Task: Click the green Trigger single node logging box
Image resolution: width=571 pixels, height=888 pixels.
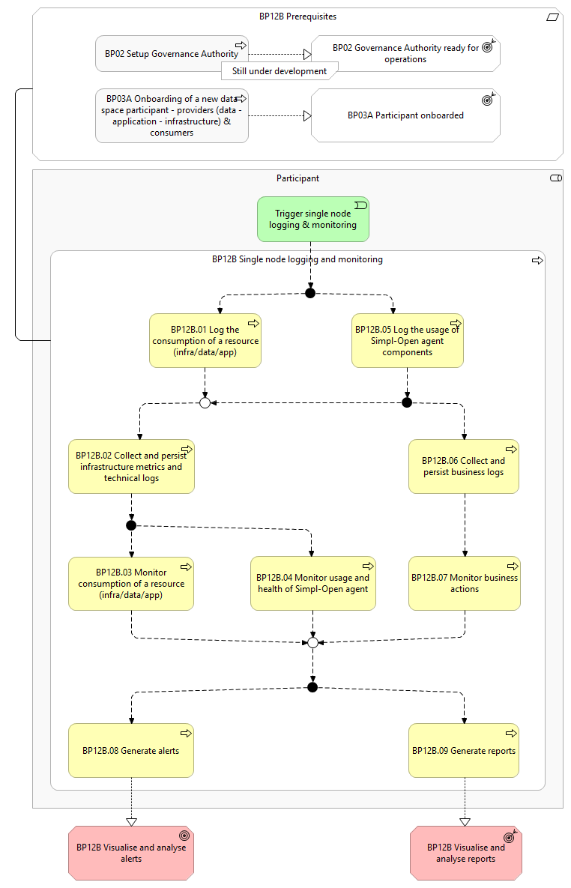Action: (x=312, y=219)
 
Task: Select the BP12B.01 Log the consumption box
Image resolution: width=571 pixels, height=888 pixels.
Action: (x=205, y=340)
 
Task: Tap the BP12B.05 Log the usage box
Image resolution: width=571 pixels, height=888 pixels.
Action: (x=408, y=340)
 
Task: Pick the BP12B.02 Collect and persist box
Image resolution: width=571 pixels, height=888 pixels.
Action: (x=131, y=466)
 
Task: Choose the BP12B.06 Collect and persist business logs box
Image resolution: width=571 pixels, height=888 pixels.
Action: (x=463, y=466)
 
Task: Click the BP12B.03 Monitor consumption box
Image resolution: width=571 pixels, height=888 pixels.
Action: (x=131, y=583)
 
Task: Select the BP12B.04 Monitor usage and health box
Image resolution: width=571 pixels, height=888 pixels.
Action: (x=312, y=583)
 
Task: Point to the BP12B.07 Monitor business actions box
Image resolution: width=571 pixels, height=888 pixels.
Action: (x=465, y=583)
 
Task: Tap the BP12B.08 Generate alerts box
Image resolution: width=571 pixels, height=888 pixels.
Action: (x=131, y=750)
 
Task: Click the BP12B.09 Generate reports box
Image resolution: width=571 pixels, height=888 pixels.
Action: (x=463, y=750)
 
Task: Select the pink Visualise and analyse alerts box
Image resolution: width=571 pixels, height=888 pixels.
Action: (x=131, y=853)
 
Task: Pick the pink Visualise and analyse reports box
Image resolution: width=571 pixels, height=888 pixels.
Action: (x=465, y=853)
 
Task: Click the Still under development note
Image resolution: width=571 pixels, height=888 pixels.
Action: (x=280, y=70)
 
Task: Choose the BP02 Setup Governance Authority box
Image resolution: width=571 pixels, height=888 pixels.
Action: (x=172, y=54)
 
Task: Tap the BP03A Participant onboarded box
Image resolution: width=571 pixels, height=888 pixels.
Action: (x=405, y=115)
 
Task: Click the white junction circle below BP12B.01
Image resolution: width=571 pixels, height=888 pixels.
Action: (x=205, y=402)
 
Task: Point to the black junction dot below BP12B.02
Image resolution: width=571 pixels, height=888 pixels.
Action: (x=131, y=525)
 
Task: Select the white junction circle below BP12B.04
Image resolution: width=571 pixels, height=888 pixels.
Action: (x=312, y=643)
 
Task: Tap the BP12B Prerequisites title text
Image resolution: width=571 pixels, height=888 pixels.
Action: (x=298, y=16)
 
